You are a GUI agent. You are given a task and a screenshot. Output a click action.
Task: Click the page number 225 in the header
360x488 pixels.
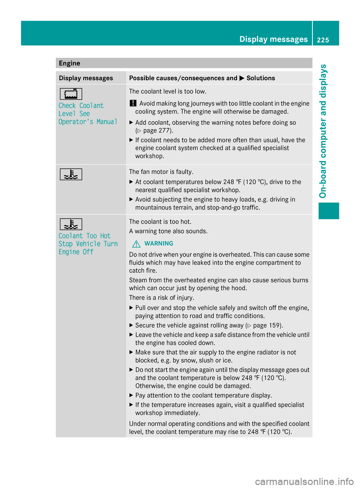322,40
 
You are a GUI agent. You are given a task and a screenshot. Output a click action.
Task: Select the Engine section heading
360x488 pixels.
69,63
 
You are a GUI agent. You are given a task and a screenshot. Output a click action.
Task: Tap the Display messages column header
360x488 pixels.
86,78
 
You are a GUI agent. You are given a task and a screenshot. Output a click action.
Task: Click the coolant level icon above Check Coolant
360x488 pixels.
70,94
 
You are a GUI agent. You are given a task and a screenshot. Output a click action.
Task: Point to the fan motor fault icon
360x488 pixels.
70,174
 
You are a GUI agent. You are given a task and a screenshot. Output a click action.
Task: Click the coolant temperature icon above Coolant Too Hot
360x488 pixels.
70,224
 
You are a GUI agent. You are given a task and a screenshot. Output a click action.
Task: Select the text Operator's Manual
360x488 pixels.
88,122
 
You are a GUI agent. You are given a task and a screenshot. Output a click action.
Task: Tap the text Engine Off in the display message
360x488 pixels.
76,252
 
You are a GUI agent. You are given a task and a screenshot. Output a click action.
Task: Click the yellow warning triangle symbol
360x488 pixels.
136,244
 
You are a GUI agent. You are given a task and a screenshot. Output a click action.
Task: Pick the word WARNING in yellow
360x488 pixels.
159,244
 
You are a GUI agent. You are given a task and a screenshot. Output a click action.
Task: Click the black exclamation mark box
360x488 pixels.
133,103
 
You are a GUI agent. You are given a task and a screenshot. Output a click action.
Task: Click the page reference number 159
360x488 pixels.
275,325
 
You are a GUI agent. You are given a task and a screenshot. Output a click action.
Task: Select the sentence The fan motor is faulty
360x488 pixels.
161,172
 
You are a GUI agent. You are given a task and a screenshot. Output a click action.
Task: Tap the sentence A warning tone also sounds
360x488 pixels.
168,231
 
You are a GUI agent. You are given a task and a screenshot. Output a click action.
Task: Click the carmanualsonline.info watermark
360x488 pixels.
304,481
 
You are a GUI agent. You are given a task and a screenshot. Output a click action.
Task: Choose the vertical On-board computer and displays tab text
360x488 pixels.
323,131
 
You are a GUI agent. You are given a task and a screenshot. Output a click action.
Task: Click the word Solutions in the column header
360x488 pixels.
261,78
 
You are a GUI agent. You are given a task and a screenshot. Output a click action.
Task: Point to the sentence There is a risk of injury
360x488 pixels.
162,298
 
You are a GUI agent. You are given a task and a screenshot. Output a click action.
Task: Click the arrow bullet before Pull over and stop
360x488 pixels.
131,308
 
